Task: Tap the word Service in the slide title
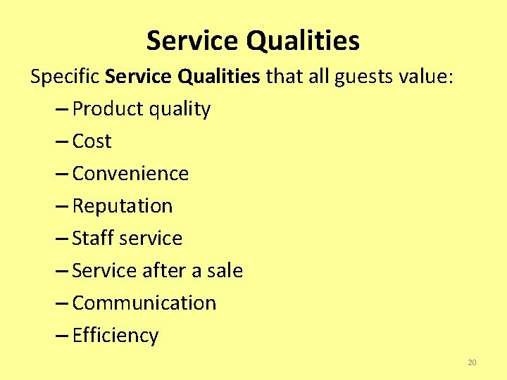193,41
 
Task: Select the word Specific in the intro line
65,76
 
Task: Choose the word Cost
92,141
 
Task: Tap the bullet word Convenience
130,174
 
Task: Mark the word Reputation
122,206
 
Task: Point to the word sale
223,271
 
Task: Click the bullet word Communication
144,303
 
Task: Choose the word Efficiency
115,336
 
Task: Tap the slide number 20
472,363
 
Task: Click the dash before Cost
61,142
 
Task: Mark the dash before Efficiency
61,336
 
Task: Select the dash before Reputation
61,207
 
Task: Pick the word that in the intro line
283,76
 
